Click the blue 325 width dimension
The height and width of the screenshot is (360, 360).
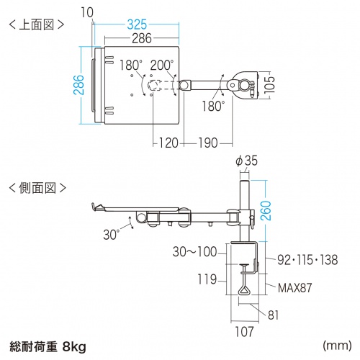(137, 24)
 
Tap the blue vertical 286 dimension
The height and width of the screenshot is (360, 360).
(79, 85)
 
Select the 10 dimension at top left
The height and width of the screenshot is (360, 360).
(87, 12)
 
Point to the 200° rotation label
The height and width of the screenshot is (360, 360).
(162, 65)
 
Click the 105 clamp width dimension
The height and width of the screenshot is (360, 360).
(269, 85)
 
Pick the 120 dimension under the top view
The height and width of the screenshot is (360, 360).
(168, 143)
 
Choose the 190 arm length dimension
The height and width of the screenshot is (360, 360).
(208, 143)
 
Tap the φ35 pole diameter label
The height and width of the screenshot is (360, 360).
(246, 161)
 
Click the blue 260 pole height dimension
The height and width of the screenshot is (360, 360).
(266, 211)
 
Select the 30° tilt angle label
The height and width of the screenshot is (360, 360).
(111, 234)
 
